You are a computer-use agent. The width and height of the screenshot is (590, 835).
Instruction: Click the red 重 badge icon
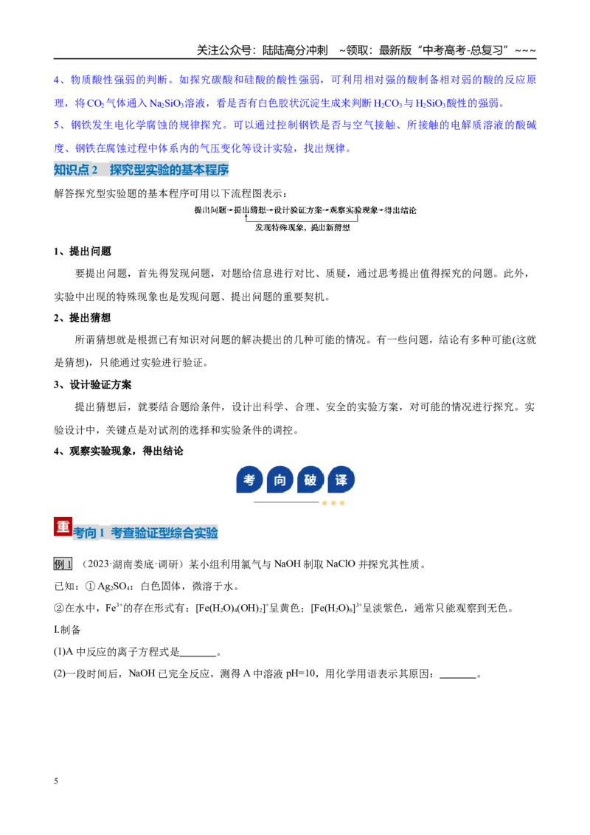point(63,526)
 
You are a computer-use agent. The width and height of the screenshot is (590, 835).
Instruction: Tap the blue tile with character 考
point(249,479)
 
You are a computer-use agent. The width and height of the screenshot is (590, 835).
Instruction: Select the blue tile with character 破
point(310,479)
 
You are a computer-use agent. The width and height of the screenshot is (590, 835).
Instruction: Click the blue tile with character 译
point(341,479)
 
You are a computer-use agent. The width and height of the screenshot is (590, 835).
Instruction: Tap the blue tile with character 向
point(280,479)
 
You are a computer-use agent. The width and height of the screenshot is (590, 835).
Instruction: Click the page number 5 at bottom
point(56,781)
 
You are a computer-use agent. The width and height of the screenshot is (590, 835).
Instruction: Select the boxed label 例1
point(63,564)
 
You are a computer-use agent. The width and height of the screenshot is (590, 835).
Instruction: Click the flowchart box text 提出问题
point(210,210)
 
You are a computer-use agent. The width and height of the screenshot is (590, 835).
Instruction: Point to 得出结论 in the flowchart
point(400,210)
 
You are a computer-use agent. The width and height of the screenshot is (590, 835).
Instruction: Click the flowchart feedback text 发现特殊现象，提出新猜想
point(302,227)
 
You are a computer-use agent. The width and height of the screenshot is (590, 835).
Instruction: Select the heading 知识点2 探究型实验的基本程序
point(141,170)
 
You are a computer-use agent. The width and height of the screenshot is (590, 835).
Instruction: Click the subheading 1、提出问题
point(83,252)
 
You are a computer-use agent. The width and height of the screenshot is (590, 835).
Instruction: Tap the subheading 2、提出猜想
point(83,318)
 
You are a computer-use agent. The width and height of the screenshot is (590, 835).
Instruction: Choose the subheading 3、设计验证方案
point(93,384)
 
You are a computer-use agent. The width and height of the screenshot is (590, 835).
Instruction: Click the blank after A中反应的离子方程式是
point(198,653)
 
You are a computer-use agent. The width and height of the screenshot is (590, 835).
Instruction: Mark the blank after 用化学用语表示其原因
point(458,675)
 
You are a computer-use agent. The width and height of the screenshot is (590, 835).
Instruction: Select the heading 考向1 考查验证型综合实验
point(145,533)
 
